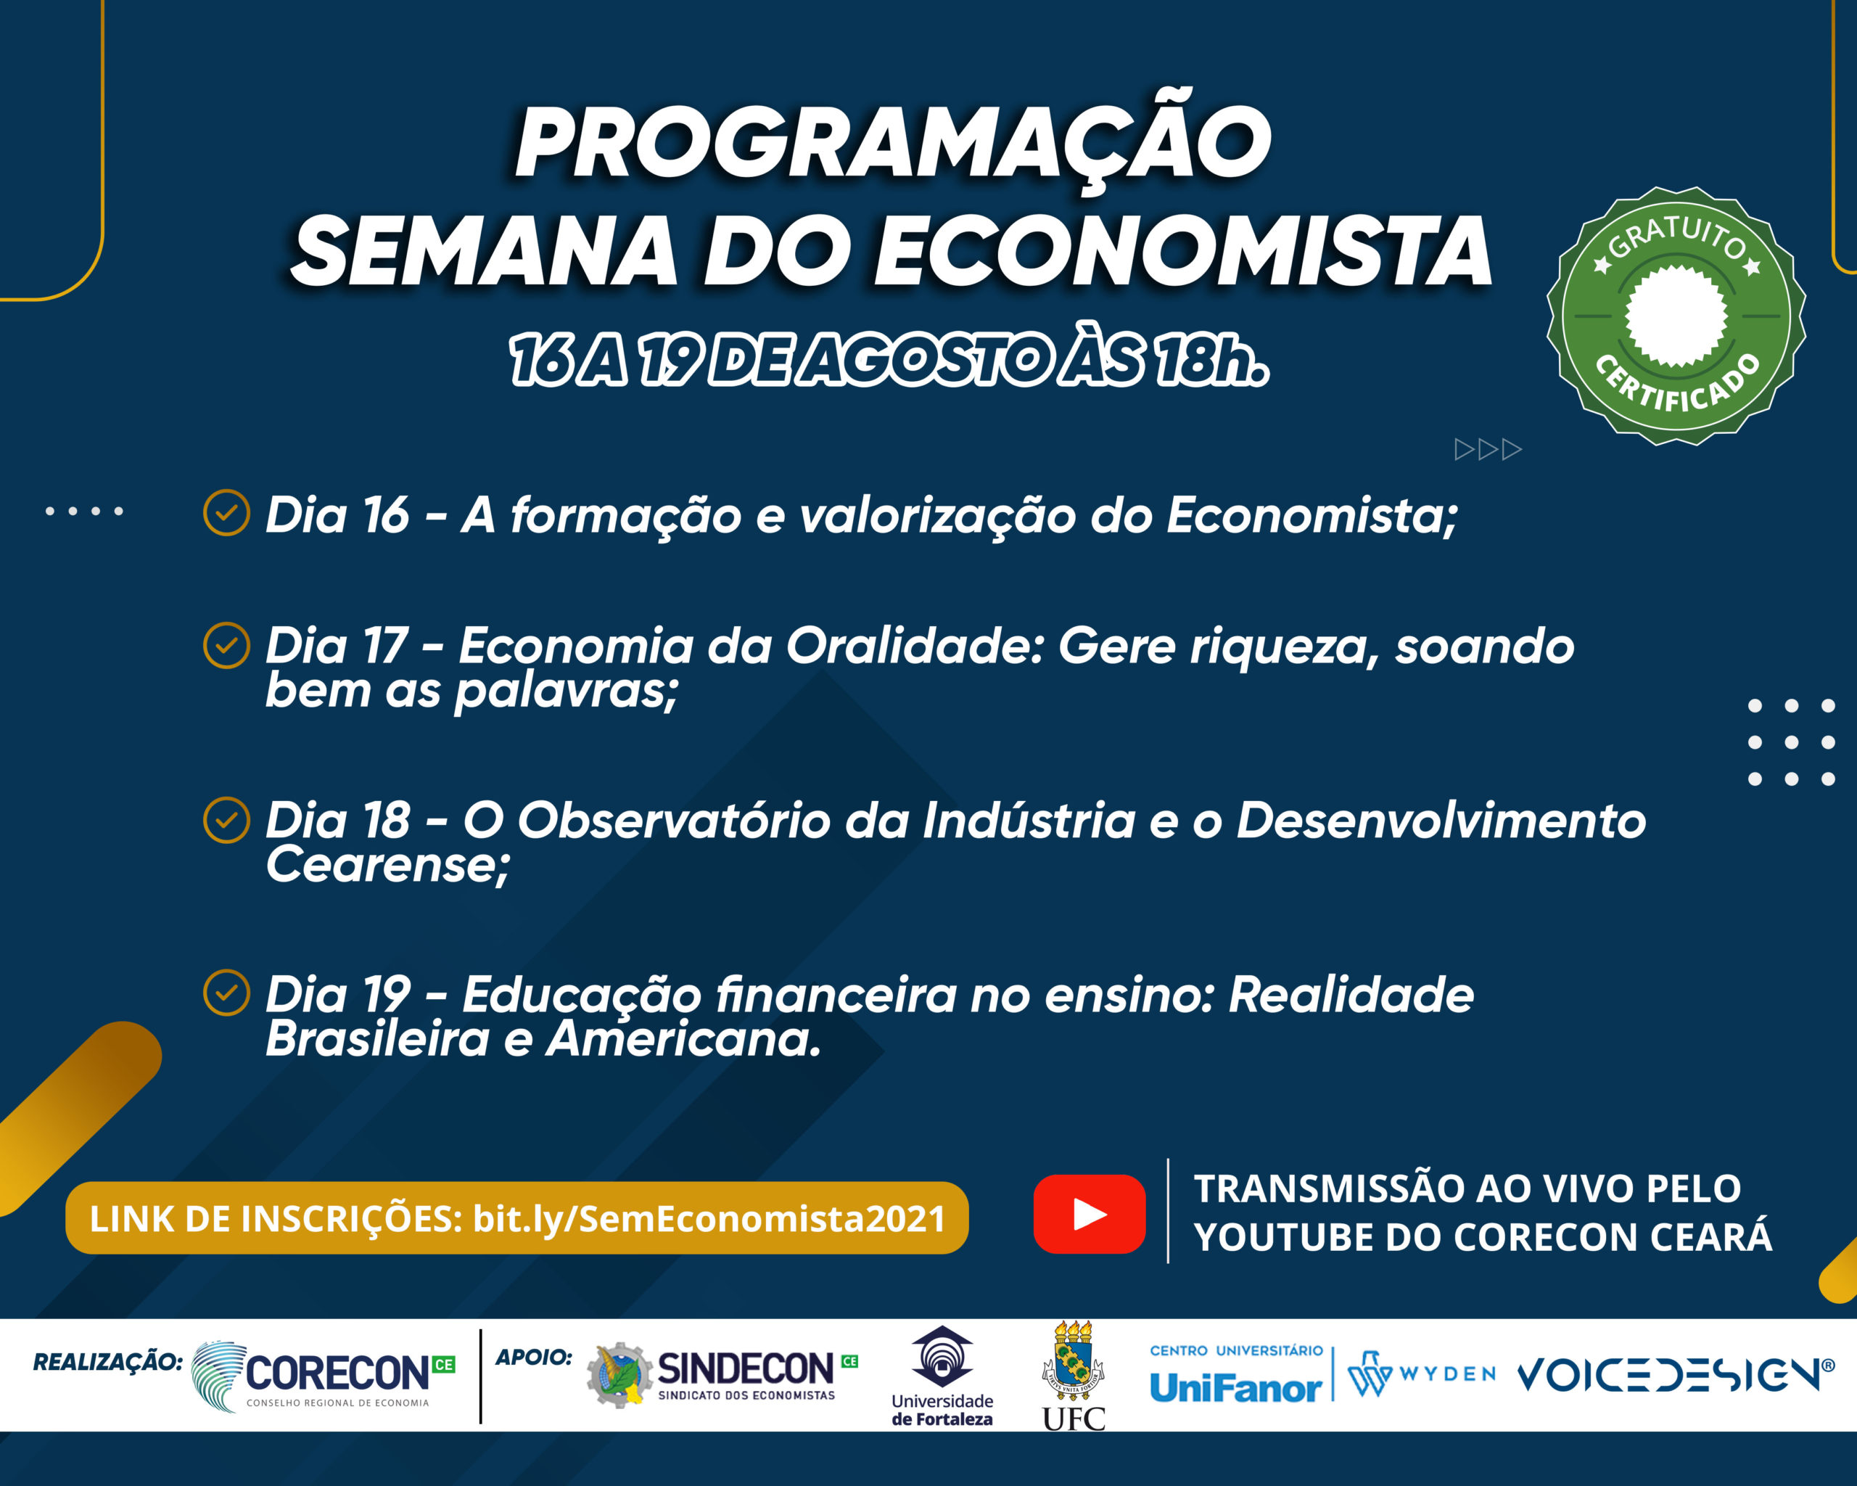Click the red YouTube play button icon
pos(1089,1214)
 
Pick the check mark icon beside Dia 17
pos(226,644)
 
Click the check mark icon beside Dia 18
pos(226,819)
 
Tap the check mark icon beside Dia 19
pos(226,993)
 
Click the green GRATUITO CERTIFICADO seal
pos(1676,316)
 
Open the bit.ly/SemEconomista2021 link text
pos(709,1218)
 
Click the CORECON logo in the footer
pos(323,1376)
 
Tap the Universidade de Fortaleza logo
pos(942,1376)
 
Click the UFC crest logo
pos(1073,1376)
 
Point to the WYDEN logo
pos(1422,1374)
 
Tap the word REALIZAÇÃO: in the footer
pos(107,1362)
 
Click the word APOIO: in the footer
pos(534,1358)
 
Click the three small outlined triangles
pos(1489,450)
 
